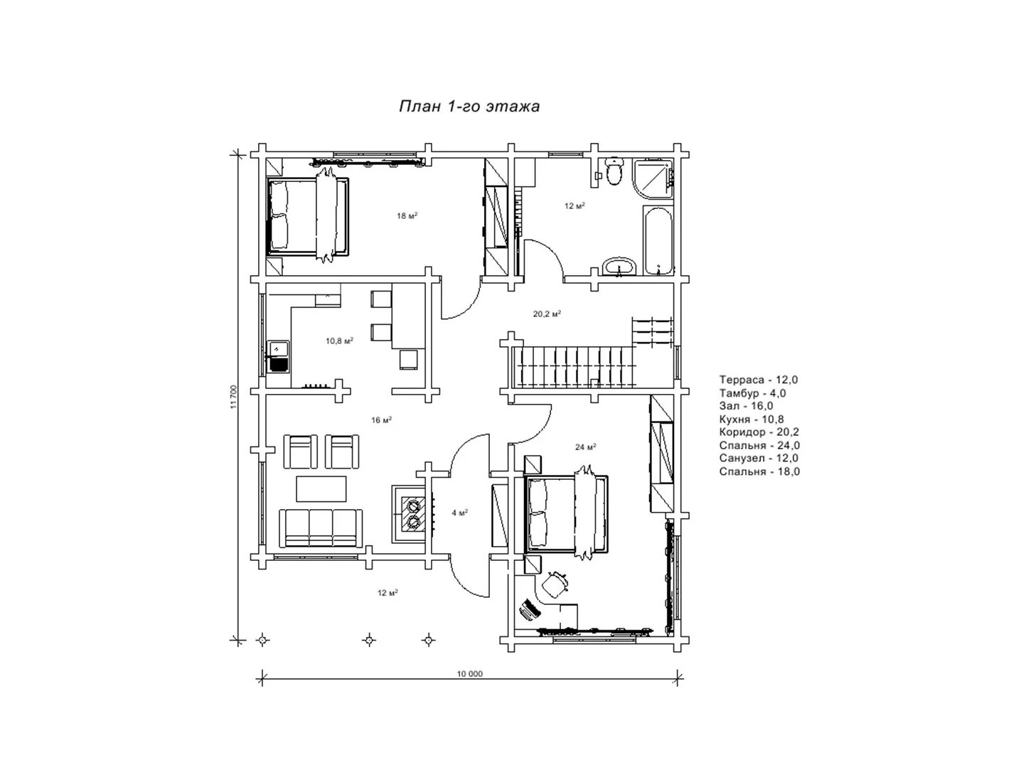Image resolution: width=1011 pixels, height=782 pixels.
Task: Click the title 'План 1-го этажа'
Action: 469,107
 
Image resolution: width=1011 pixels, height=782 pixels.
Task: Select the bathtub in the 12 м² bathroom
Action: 658,240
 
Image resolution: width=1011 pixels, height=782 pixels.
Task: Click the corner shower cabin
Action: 653,178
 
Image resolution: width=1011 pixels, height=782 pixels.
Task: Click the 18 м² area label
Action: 407,216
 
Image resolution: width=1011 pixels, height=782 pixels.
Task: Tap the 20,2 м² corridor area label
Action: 547,314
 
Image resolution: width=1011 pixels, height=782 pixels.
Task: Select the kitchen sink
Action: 278,357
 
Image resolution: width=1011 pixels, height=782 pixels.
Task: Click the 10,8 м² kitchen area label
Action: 339,341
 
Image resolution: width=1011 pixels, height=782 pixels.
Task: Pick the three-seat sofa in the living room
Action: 321,528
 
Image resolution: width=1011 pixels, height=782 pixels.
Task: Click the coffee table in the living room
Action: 321,488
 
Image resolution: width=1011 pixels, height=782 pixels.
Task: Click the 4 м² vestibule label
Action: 459,513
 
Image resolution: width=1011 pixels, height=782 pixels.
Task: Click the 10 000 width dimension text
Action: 469,674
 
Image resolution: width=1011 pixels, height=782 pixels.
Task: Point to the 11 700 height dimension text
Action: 234,397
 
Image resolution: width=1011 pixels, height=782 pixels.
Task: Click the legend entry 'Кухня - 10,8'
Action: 751,419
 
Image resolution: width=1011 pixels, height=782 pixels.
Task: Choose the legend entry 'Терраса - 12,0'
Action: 759,380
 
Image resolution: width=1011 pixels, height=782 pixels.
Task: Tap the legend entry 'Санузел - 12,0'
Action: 759,459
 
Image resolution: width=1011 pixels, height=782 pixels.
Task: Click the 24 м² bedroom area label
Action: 585,447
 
